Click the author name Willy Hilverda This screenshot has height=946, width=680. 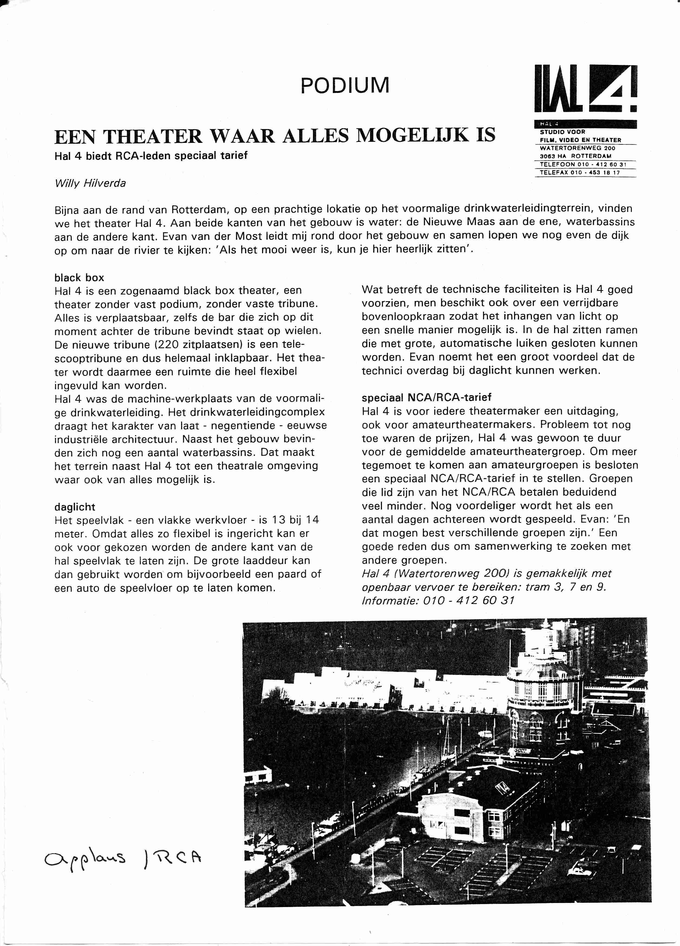90,183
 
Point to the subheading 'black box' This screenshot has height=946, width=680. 79,278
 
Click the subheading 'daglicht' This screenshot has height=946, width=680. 75,507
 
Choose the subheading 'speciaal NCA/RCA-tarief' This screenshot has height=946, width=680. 426,398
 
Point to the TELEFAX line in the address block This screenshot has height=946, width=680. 580,172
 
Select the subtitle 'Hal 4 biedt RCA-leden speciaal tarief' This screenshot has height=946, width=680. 151,156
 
